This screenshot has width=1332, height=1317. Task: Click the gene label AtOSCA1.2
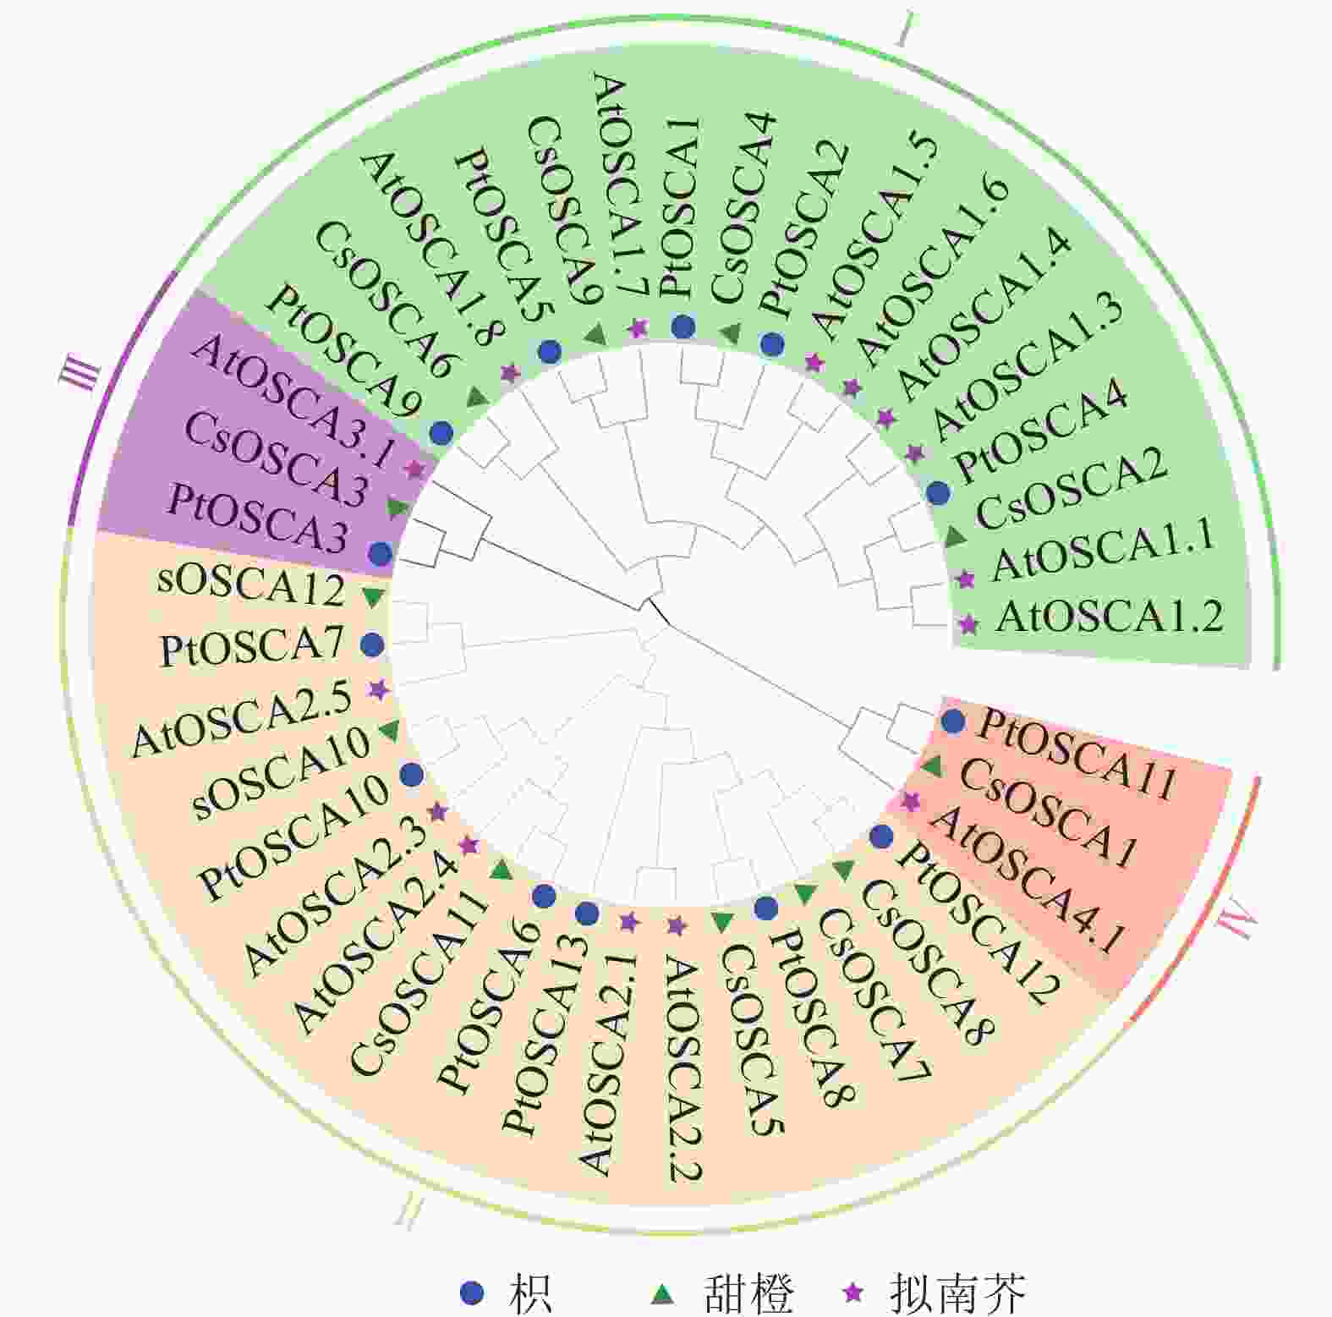[1110, 617]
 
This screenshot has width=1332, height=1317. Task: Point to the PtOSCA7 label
[252, 648]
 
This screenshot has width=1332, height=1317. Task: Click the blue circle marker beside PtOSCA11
[953, 722]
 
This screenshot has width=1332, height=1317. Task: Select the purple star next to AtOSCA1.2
[968, 625]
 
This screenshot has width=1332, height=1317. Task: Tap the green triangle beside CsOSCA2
[956, 535]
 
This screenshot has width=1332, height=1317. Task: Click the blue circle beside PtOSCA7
[372, 645]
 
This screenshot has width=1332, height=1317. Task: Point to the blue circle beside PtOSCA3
[381, 554]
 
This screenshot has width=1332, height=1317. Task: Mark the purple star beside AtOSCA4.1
[910, 801]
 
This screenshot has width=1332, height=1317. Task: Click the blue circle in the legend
[472, 1292]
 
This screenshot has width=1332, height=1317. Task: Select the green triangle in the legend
[665, 1292]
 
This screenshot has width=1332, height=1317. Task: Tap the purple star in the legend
[854, 1292]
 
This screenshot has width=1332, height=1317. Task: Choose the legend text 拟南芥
[959, 1292]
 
